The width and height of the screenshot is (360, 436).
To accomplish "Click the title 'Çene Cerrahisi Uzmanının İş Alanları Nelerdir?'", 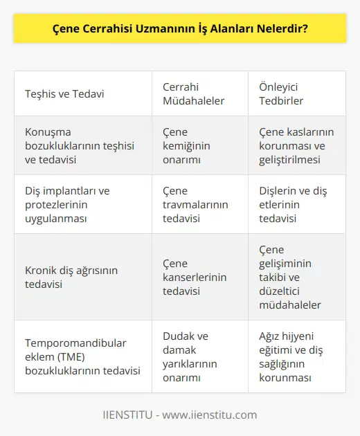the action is click(x=180, y=31).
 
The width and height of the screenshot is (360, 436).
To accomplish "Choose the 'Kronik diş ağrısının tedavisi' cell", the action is click(x=73, y=277).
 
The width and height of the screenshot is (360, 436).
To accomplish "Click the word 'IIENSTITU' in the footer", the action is click(x=127, y=415).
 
